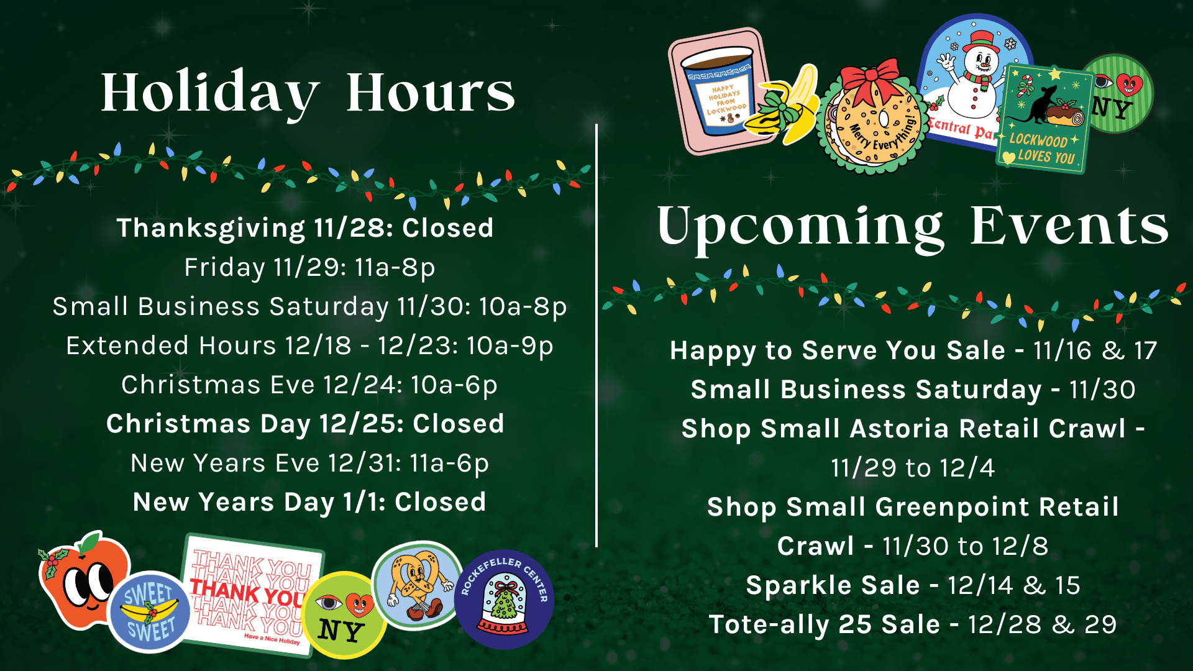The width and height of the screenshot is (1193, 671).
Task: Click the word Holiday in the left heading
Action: pos(210,93)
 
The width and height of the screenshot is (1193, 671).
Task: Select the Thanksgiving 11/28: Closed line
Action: pos(305,228)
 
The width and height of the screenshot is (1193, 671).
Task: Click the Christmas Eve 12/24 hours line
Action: pos(309,385)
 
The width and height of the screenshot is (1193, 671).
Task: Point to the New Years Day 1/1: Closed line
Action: pos(309,502)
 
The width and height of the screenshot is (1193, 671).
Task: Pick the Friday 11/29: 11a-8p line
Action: pos(309,268)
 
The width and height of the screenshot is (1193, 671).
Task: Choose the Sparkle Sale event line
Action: pos(913,585)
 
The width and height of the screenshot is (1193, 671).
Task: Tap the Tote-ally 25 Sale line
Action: pos(913,624)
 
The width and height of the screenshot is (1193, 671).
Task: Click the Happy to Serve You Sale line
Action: pos(913,350)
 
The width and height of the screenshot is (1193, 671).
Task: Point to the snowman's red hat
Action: pos(981,42)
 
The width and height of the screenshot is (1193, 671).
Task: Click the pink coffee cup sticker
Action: pos(721,91)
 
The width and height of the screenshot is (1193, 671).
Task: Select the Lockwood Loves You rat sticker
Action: pos(1044,119)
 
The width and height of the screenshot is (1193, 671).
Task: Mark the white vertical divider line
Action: pos(596,335)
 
